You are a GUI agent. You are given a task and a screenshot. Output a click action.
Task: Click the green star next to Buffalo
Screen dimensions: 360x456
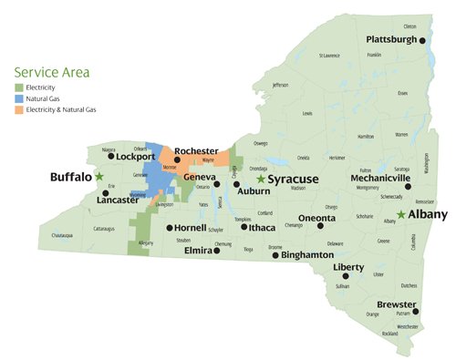99,176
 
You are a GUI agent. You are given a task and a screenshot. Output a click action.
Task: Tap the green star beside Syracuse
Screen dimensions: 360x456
261,180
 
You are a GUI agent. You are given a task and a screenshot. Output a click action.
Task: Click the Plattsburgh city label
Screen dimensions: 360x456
391,40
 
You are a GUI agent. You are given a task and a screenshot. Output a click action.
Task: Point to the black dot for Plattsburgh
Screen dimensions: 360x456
423,40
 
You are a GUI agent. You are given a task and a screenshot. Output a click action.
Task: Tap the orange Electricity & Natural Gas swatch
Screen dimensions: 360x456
18,109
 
